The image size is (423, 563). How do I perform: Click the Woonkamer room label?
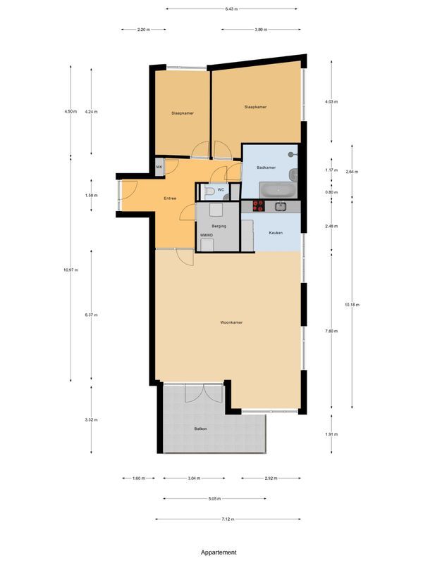(x=231, y=322)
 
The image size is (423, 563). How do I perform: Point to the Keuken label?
(x=276, y=232)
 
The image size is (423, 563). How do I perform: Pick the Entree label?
(x=170, y=198)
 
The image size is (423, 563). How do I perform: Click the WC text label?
(x=221, y=190)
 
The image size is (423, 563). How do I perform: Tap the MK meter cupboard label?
(x=159, y=166)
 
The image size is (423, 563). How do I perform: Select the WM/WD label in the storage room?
(x=206, y=235)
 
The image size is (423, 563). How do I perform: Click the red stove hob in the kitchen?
(x=258, y=206)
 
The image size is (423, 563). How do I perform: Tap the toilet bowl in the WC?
(x=208, y=191)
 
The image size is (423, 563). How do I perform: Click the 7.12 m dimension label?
(x=226, y=519)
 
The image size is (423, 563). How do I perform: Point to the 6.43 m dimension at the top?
(x=231, y=8)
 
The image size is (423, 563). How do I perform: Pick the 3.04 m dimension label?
(x=192, y=479)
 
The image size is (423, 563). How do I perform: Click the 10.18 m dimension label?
(x=352, y=305)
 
